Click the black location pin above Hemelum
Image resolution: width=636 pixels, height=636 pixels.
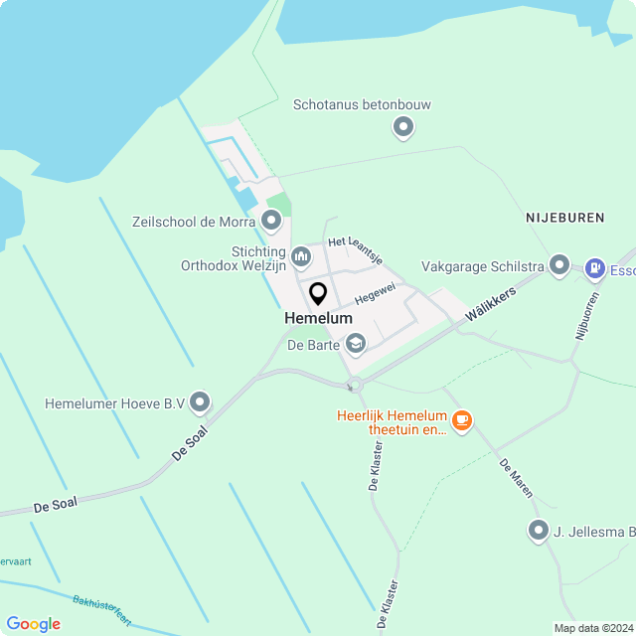click(x=318, y=294)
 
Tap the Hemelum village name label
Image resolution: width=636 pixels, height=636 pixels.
click(x=318, y=318)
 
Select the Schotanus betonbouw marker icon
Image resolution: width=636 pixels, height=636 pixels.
click(x=403, y=127)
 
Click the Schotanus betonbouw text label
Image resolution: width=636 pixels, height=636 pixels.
click(x=362, y=104)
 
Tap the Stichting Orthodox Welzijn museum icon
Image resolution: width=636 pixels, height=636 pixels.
click(x=301, y=257)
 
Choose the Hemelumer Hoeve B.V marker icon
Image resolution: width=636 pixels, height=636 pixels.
click(x=201, y=402)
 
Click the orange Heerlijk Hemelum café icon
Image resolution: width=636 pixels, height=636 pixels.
click(x=461, y=421)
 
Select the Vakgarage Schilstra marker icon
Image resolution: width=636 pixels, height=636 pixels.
click(x=559, y=265)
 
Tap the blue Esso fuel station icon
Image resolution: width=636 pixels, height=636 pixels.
click(x=595, y=266)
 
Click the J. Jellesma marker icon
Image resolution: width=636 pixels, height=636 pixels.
click(x=539, y=531)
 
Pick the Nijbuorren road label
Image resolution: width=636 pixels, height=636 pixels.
click(x=586, y=317)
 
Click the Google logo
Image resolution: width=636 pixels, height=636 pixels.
click(x=33, y=624)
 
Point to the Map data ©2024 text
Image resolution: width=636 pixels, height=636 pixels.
click(x=592, y=628)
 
